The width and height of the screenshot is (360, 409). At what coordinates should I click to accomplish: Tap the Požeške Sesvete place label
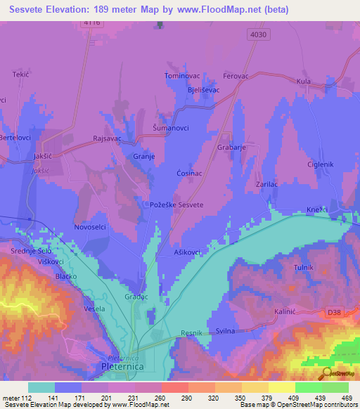(177, 204)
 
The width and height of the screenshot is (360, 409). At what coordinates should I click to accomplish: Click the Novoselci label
(89, 227)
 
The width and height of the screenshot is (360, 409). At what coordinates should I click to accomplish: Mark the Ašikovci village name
(188, 252)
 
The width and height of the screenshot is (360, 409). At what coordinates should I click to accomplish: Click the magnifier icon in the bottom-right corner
(327, 373)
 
